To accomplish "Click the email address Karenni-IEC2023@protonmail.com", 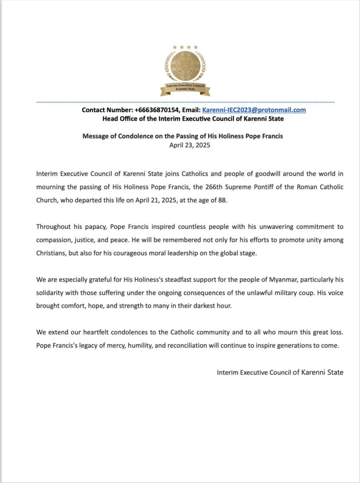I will point(254,110).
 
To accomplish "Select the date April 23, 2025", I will point(190,145).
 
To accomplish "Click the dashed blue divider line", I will point(185,102).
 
